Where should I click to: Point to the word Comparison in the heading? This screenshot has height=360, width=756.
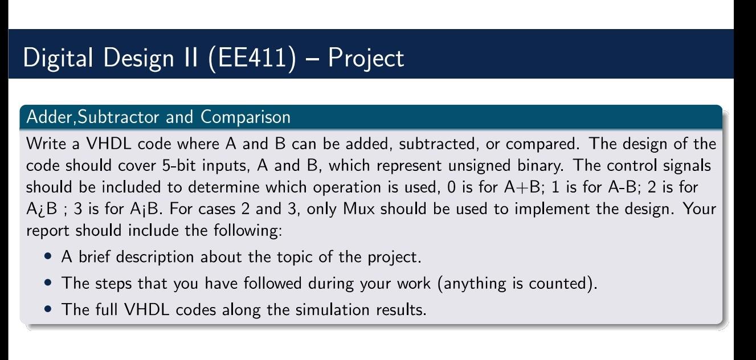[x=246, y=117]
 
